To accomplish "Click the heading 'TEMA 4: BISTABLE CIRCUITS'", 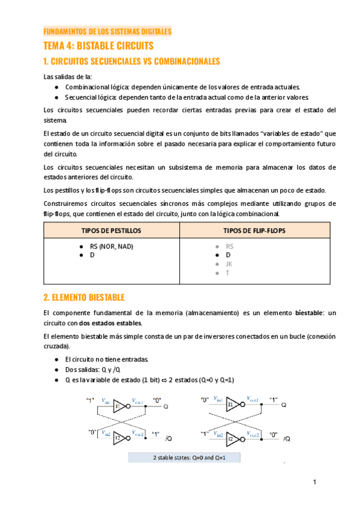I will [x=98, y=46].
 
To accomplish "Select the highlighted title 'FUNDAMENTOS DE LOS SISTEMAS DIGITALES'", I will [x=108, y=31].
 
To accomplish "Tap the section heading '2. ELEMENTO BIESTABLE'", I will [x=84, y=297].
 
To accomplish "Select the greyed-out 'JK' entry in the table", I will [x=229, y=264].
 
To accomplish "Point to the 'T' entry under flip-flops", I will [x=227, y=273].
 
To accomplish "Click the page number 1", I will [x=314, y=482].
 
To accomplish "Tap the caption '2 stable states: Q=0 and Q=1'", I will [x=184, y=457].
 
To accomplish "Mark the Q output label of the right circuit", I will [x=284, y=405].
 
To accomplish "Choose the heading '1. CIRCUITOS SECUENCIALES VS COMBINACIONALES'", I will [x=132, y=61].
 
